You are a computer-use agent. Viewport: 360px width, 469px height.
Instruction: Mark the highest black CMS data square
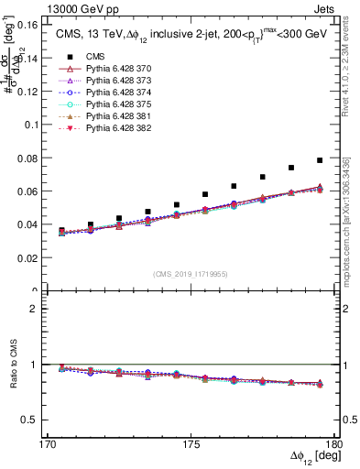320,160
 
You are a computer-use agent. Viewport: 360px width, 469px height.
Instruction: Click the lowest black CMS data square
61,231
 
